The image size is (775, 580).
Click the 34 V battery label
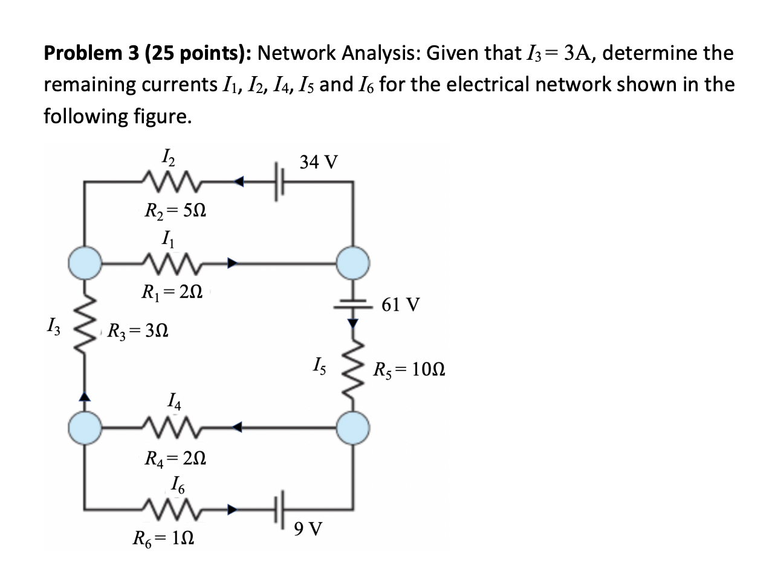click(319, 162)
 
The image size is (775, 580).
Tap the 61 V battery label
click(400, 304)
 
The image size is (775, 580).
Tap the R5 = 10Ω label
click(409, 369)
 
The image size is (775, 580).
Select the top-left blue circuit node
click(83, 262)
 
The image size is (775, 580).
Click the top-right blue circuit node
click(353, 262)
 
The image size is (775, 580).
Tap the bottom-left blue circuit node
click(83, 427)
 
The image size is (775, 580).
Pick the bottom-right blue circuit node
click(353, 427)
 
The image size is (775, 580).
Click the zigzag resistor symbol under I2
click(169, 180)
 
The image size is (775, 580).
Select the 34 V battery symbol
click(279, 180)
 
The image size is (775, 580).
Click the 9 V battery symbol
click(279, 509)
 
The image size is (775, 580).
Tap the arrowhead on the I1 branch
click(233, 262)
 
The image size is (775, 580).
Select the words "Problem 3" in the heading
click(85, 54)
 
